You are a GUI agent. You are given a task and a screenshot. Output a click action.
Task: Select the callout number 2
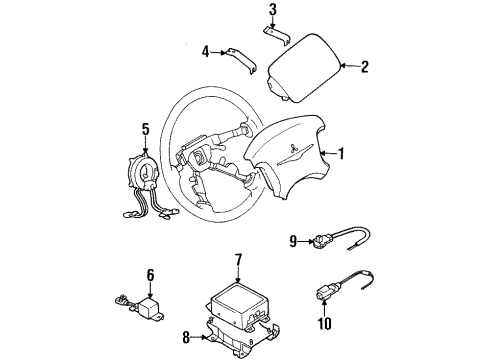tap(365, 67)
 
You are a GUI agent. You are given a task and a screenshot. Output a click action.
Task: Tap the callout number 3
tap(271, 11)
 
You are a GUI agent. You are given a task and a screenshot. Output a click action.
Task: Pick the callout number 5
tap(146, 128)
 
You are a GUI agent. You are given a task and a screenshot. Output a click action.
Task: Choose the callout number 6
tap(150, 274)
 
